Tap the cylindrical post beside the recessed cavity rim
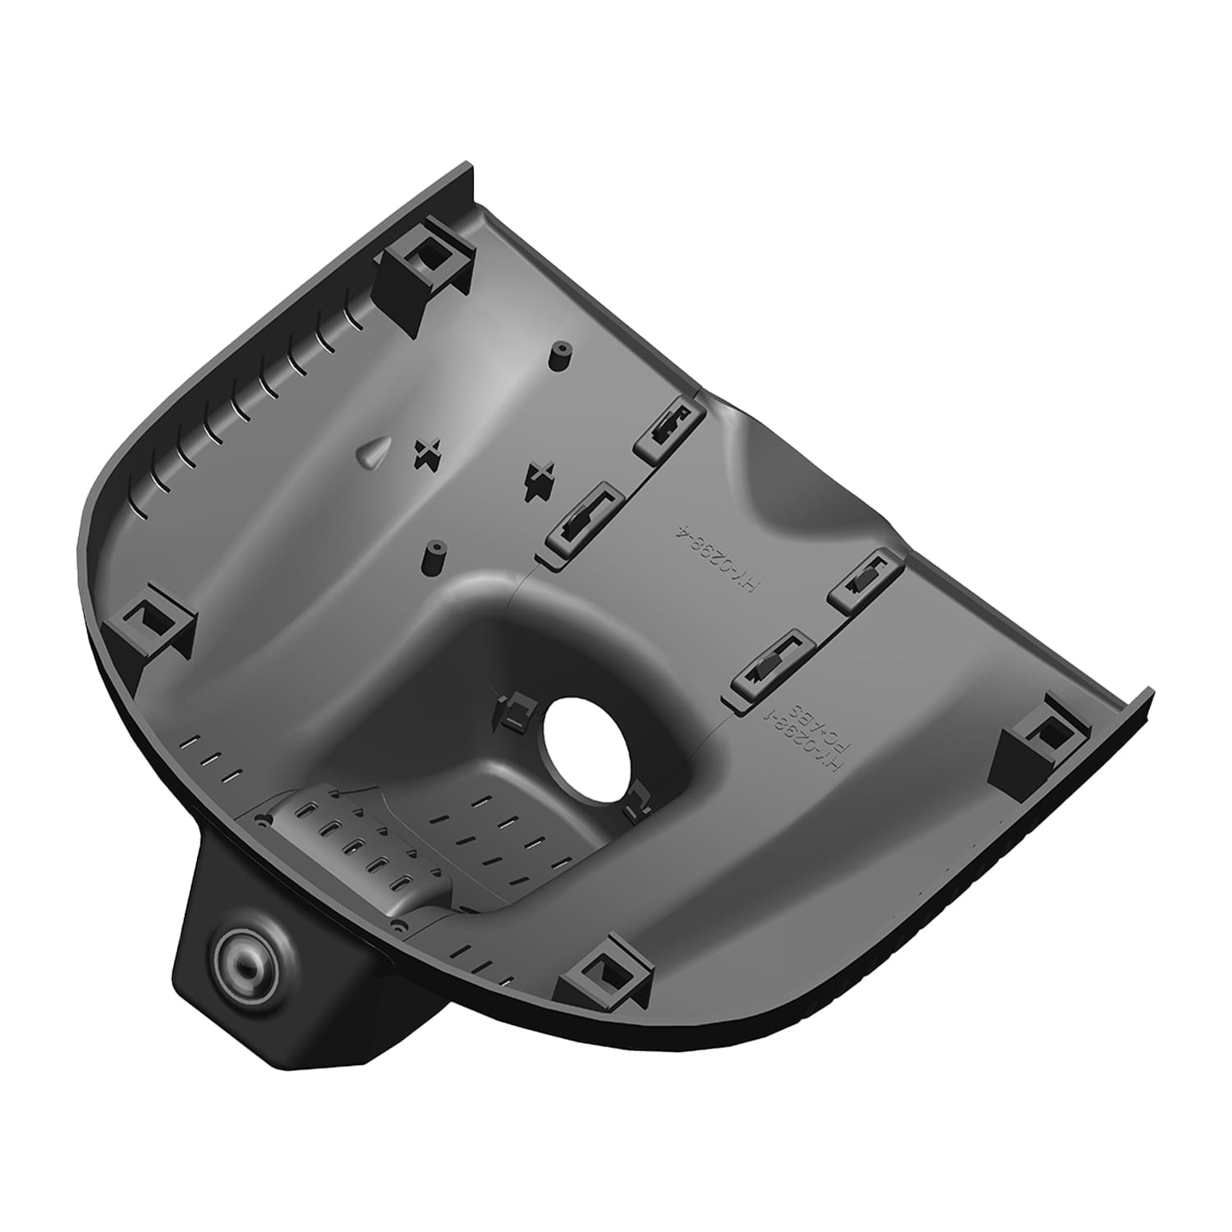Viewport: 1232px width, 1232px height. (433, 558)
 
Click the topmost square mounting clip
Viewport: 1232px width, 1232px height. (427, 265)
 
